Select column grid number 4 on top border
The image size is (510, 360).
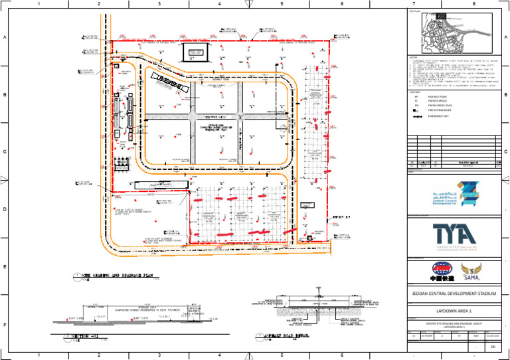click(x=220, y=5)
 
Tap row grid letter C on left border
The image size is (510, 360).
click(x=5, y=152)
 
